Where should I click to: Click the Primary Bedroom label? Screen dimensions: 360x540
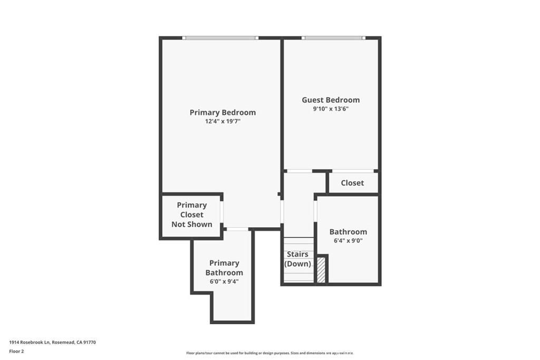point(223,112)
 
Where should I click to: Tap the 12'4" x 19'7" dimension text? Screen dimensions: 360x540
point(223,121)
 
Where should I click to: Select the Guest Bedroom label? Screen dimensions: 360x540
point(331,100)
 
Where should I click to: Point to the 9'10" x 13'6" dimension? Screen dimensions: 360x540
point(331,109)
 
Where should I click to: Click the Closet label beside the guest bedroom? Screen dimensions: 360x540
point(352,183)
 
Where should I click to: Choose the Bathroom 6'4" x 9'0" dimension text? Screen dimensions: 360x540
point(348,241)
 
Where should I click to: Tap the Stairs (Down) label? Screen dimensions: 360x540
point(298,259)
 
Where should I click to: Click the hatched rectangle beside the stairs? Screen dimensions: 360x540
point(321,270)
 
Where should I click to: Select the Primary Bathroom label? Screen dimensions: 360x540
point(224,268)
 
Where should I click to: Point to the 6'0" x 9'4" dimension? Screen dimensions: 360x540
point(224,281)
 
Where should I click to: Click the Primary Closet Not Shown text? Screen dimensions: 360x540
point(191,215)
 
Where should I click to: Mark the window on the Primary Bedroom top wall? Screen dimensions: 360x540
point(220,38)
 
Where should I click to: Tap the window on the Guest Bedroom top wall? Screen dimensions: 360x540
point(333,38)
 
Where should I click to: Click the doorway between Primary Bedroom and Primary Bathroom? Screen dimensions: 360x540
point(237,229)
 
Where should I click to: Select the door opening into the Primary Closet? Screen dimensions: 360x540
point(222,212)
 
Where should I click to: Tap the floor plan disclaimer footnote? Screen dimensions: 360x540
point(269,353)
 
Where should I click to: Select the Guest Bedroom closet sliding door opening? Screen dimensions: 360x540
point(352,171)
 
